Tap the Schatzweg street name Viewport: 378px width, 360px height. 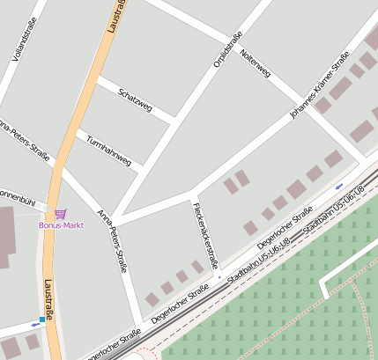pos(135,101)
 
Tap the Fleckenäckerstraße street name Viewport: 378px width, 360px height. pos(204,234)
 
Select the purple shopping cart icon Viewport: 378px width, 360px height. pos(60,213)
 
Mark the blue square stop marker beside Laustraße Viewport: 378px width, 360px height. pos(41,319)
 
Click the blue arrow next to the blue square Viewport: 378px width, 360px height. pos(34,324)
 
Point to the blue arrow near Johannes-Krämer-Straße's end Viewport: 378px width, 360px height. pos(339,186)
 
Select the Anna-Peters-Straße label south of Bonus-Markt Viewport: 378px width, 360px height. pos(113,239)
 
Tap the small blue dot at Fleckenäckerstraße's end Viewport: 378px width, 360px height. pos(219,276)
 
